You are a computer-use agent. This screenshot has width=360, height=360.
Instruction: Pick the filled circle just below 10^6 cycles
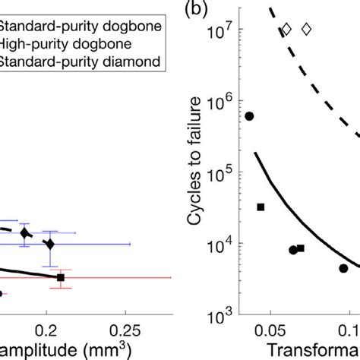click(249, 116)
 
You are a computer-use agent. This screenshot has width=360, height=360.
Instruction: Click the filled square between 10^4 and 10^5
click(261, 207)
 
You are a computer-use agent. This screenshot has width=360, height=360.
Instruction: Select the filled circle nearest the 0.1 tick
click(343, 268)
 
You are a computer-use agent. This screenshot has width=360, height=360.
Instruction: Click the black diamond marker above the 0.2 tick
click(50, 244)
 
